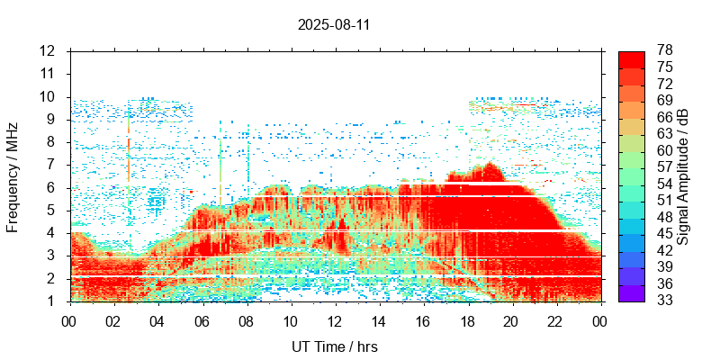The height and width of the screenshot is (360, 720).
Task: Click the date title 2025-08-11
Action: click(334, 25)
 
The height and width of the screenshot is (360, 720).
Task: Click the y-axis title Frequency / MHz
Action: click(13, 175)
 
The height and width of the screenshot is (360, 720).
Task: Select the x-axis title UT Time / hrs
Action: click(334, 346)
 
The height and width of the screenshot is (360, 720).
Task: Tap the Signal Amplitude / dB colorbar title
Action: click(684, 175)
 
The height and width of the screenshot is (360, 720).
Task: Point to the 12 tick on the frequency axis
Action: click(48, 50)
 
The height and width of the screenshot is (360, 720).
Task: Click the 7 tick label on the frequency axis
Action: click(52, 165)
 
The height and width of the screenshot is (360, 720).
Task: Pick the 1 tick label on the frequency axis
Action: click(52, 301)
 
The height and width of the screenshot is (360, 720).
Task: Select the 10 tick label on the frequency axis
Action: click(48, 96)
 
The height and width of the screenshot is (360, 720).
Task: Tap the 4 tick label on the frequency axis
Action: click(52, 233)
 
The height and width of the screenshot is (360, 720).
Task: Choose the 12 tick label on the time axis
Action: click(335, 321)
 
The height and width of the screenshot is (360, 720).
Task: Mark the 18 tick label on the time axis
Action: click(468, 321)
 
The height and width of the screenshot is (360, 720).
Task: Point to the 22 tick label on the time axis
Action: click(556, 321)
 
